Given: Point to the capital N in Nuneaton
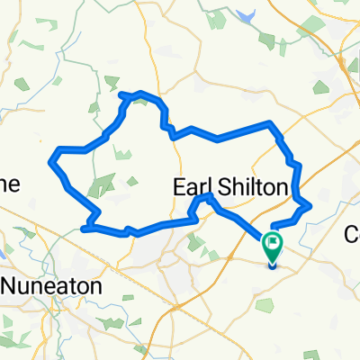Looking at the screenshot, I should click(12, 285).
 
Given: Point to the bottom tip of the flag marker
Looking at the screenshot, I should click(273, 262).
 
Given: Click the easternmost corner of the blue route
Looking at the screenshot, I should click(310, 205).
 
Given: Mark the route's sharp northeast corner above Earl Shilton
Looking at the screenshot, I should click(271, 122).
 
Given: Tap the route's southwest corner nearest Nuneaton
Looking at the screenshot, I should click(84, 229).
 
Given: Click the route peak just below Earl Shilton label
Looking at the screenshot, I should click(207, 195).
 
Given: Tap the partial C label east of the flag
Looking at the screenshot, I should click(352, 234).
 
